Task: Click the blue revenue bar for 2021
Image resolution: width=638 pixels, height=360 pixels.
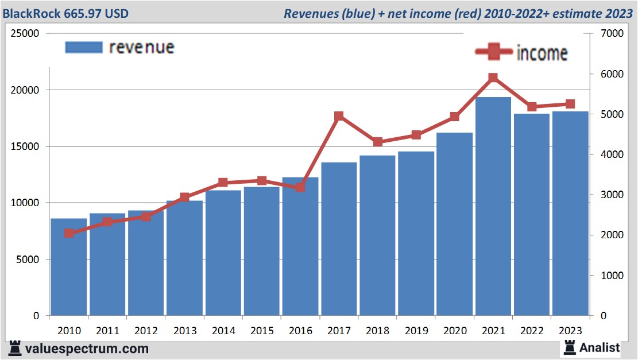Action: tap(493, 207)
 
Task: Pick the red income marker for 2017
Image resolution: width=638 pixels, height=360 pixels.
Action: tap(339, 117)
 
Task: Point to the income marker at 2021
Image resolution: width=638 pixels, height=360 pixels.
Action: tap(493, 78)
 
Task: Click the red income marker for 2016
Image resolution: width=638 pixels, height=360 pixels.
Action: tap(300, 187)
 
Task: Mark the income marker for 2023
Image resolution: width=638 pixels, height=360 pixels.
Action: tap(570, 104)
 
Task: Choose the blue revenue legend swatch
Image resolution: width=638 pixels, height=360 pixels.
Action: tap(83, 47)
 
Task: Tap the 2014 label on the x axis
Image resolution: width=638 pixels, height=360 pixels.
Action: tap(223, 331)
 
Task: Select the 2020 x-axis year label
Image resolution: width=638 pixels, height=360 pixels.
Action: tap(454, 331)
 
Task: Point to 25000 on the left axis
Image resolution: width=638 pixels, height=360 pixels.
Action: tap(25, 34)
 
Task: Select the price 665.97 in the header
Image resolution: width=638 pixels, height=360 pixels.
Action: tap(86, 13)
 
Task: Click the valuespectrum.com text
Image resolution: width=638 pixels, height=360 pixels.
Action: tap(86, 349)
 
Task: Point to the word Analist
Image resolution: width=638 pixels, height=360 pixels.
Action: tap(600, 347)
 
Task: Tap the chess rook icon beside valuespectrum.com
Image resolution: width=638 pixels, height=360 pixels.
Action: tap(15, 349)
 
